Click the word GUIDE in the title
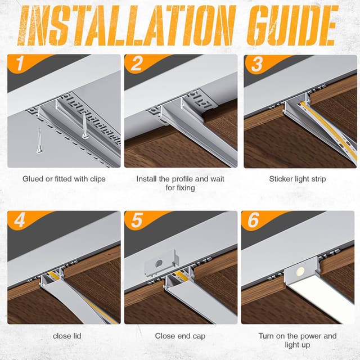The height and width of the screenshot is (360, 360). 292,25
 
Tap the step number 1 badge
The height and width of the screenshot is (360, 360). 20,64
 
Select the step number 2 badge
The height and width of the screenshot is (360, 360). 136,64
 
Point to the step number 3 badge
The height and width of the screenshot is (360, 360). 257,64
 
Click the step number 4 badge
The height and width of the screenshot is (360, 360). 20,220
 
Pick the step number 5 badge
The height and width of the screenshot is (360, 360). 137,220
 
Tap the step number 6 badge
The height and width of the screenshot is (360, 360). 253,220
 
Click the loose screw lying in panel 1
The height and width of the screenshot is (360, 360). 39,141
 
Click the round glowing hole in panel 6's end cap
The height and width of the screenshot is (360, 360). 300,272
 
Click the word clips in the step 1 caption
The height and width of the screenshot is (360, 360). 97,179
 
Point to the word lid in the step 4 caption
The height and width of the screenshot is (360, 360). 77,336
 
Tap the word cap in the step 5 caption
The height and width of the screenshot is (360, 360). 199,336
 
